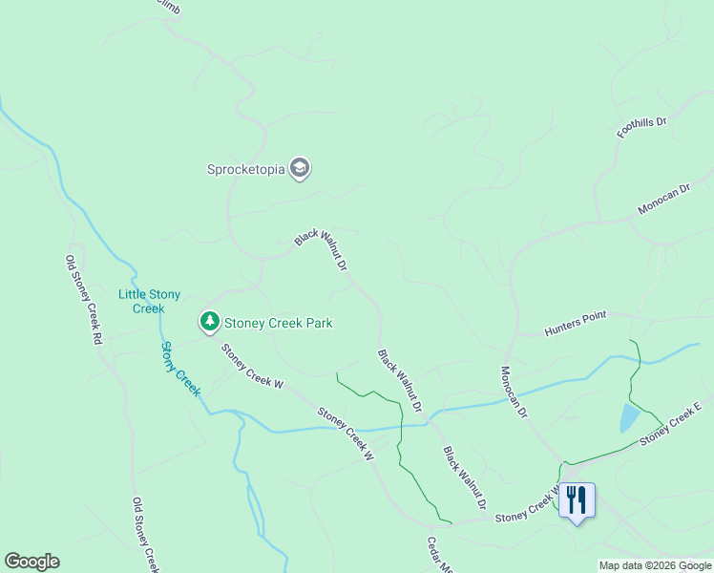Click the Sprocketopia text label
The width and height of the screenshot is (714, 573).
[x=246, y=170]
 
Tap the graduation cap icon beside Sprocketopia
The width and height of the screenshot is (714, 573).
[x=300, y=169]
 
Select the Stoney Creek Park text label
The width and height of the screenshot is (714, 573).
[x=278, y=323]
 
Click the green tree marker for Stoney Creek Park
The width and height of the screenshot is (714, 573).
[x=209, y=322]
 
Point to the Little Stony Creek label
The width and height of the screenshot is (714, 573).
[x=149, y=301]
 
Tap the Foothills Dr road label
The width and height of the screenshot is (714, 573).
[x=640, y=127]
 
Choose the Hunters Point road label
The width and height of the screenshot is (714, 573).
[x=575, y=323]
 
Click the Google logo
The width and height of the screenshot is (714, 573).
[x=31, y=562]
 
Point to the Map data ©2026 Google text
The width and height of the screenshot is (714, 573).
[x=655, y=565]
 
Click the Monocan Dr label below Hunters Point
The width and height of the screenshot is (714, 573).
[x=514, y=391]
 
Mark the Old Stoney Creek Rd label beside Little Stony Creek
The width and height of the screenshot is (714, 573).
[x=83, y=299]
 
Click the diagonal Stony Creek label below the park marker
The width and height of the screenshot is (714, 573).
[x=180, y=369]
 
